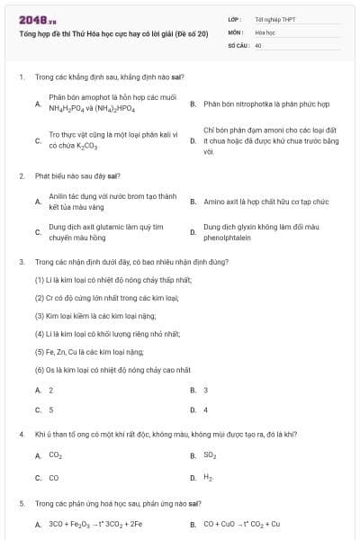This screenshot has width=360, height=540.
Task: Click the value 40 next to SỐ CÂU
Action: [x=258, y=44]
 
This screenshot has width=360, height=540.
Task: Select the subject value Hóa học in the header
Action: [x=264, y=31]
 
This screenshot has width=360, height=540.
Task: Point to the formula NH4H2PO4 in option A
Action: [x=66, y=109]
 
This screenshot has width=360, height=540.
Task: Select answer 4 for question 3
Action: [x=206, y=409]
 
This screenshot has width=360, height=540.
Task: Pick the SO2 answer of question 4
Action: [x=210, y=455]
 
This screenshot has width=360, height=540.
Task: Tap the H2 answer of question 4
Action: [x=209, y=478]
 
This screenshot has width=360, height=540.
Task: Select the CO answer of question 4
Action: [x=53, y=478]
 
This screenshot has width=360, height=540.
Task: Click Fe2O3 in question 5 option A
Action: [x=80, y=524]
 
